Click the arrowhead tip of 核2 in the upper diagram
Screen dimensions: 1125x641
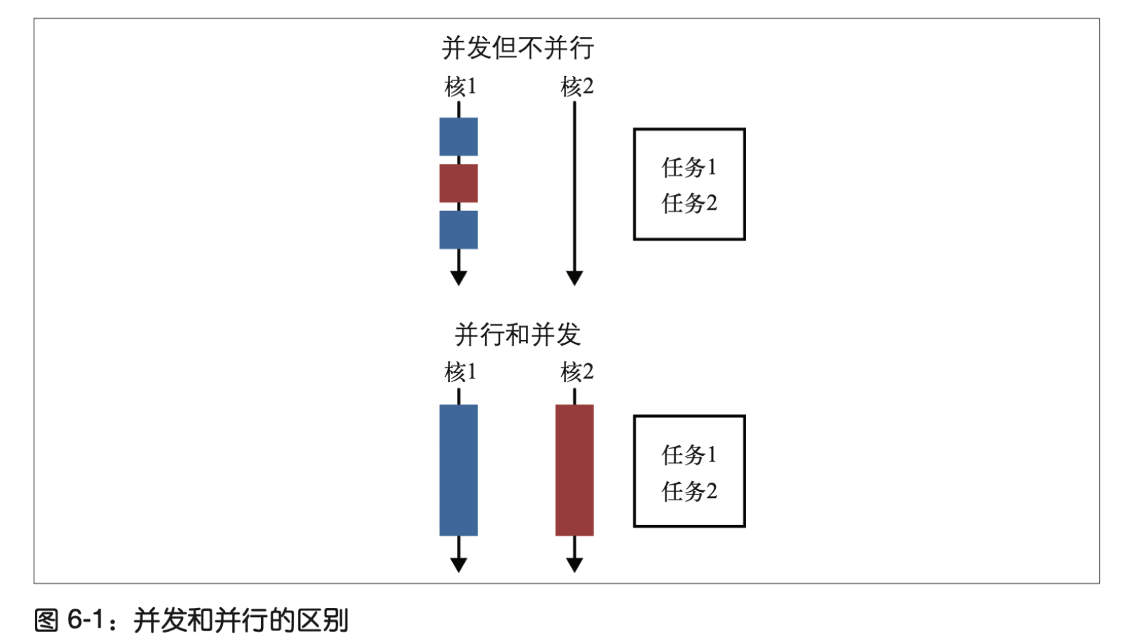574,286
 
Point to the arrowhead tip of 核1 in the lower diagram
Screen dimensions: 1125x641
458,573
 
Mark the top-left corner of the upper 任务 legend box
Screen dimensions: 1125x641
634,129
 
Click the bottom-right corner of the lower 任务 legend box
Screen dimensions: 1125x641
745,527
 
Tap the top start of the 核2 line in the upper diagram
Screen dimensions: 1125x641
574,101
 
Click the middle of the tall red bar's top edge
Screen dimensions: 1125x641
574,405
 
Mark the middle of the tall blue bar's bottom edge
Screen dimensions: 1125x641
458,536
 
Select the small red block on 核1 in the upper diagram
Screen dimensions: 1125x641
458,183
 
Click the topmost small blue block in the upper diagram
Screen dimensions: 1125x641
458,137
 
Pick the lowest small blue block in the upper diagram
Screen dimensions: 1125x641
458,230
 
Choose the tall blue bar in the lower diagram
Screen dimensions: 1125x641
458,470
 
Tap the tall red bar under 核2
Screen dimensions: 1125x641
574,470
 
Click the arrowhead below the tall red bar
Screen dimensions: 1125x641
574,565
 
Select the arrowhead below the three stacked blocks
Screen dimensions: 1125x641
458,279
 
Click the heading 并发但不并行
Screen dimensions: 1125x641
517,49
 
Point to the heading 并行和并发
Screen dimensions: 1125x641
517,335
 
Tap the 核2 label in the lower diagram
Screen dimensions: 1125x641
577,372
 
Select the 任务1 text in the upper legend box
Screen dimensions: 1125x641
689,167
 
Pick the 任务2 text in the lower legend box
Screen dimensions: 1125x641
689,491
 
